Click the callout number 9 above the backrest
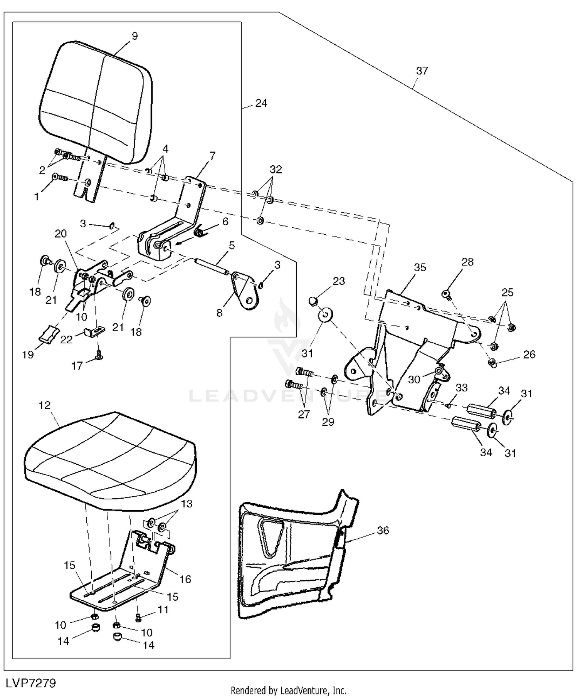click(x=134, y=36)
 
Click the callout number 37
click(x=422, y=71)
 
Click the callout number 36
click(x=383, y=530)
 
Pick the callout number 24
click(x=261, y=103)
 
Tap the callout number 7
click(x=212, y=156)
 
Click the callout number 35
click(x=420, y=267)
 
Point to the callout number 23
click(x=339, y=281)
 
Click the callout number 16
click(x=185, y=579)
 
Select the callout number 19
click(x=28, y=355)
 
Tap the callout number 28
click(x=467, y=262)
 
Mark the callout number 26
click(x=529, y=354)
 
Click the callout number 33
click(x=462, y=387)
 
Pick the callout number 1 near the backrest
click(x=37, y=197)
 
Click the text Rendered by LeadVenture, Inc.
click(x=289, y=691)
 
